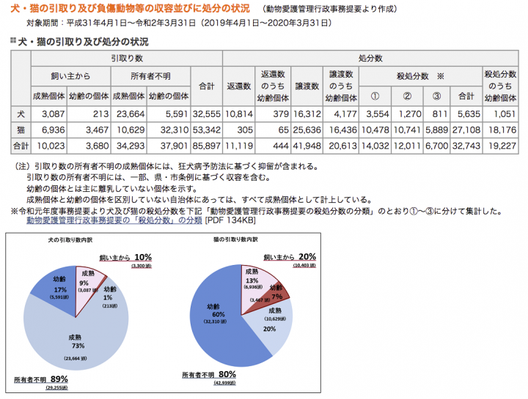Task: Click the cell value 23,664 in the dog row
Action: tap(130, 113)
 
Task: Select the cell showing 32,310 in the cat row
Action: tap(168, 130)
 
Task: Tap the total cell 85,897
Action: tap(206, 146)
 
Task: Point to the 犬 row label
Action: tap(21, 113)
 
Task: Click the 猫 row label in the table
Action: tap(21, 130)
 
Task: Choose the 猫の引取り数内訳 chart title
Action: tap(235, 241)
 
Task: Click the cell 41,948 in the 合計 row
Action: tap(308, 146)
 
